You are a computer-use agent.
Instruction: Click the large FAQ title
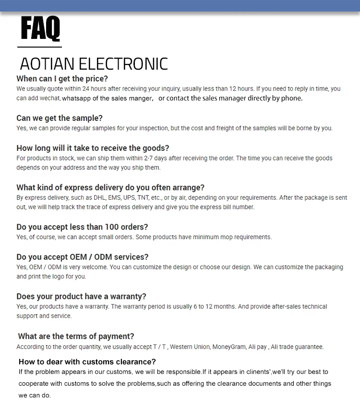(x=40, y=29)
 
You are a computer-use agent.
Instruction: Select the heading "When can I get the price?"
(x=62, y=79)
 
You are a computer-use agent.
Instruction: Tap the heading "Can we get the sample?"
(x=60, y=118)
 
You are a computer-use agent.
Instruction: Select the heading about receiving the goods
(x=93, y=148)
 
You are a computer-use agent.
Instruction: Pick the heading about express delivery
(x=110, y=187)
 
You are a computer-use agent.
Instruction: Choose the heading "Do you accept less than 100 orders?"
(x=82, y=227)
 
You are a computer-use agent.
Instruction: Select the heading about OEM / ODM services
(x=83, y=257)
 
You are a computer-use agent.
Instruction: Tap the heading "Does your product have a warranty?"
(x=81, y=296)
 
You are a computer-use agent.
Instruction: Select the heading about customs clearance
(x=87, y=362)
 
